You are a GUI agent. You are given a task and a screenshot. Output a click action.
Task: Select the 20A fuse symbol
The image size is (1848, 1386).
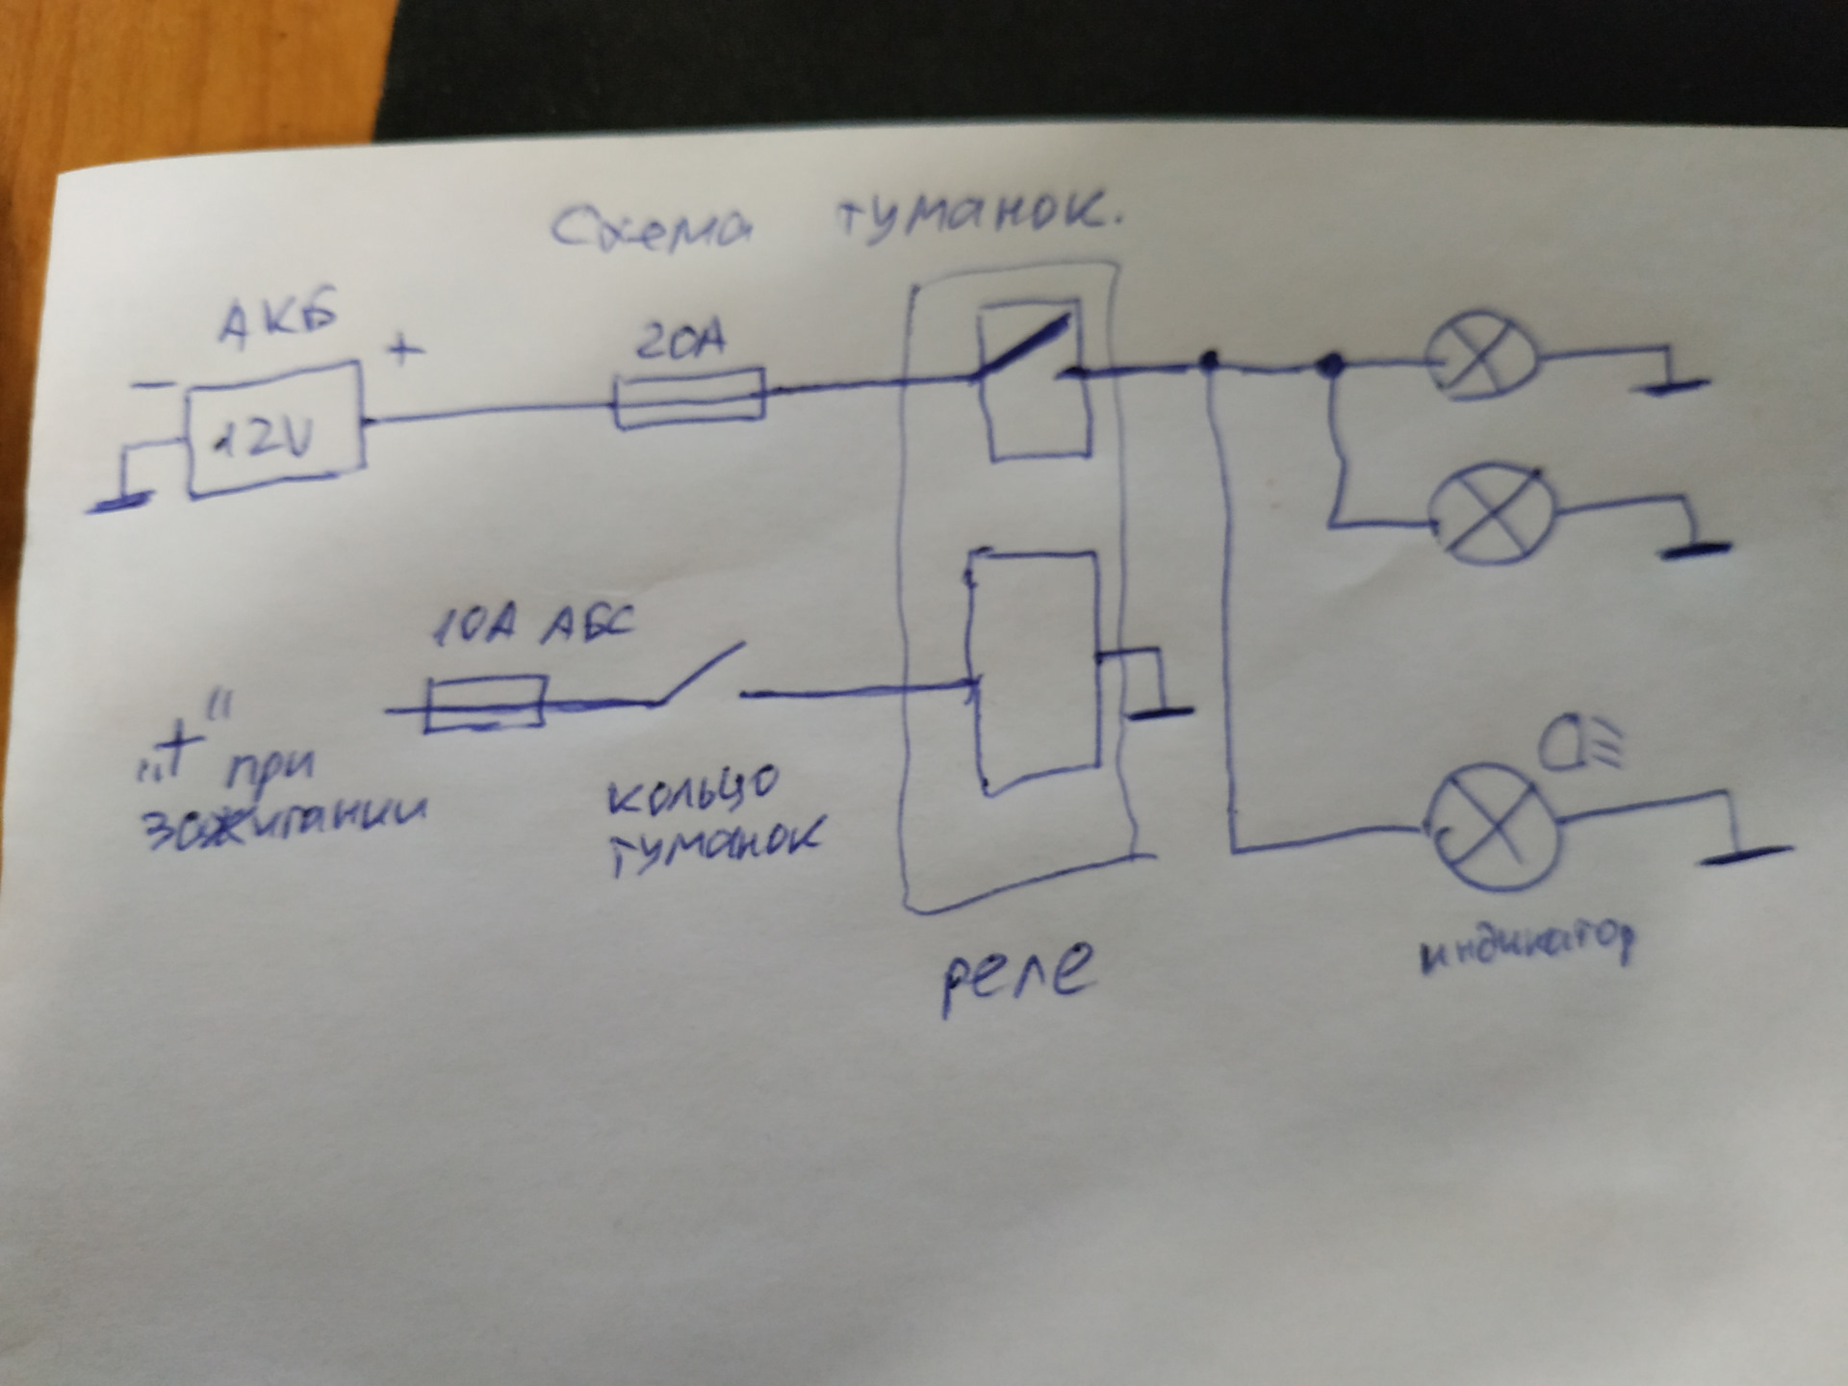click(x=689, y=398)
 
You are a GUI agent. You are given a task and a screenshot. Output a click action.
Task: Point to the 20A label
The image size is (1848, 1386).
click(x=681, y=341)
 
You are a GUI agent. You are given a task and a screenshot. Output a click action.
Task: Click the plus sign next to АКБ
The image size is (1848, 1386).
click(x=405, y=347)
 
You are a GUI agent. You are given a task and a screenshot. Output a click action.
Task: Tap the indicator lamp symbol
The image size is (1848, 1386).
click(x=1490, y=826)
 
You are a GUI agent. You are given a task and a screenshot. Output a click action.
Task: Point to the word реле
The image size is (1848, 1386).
click(x=1017, y=973)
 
